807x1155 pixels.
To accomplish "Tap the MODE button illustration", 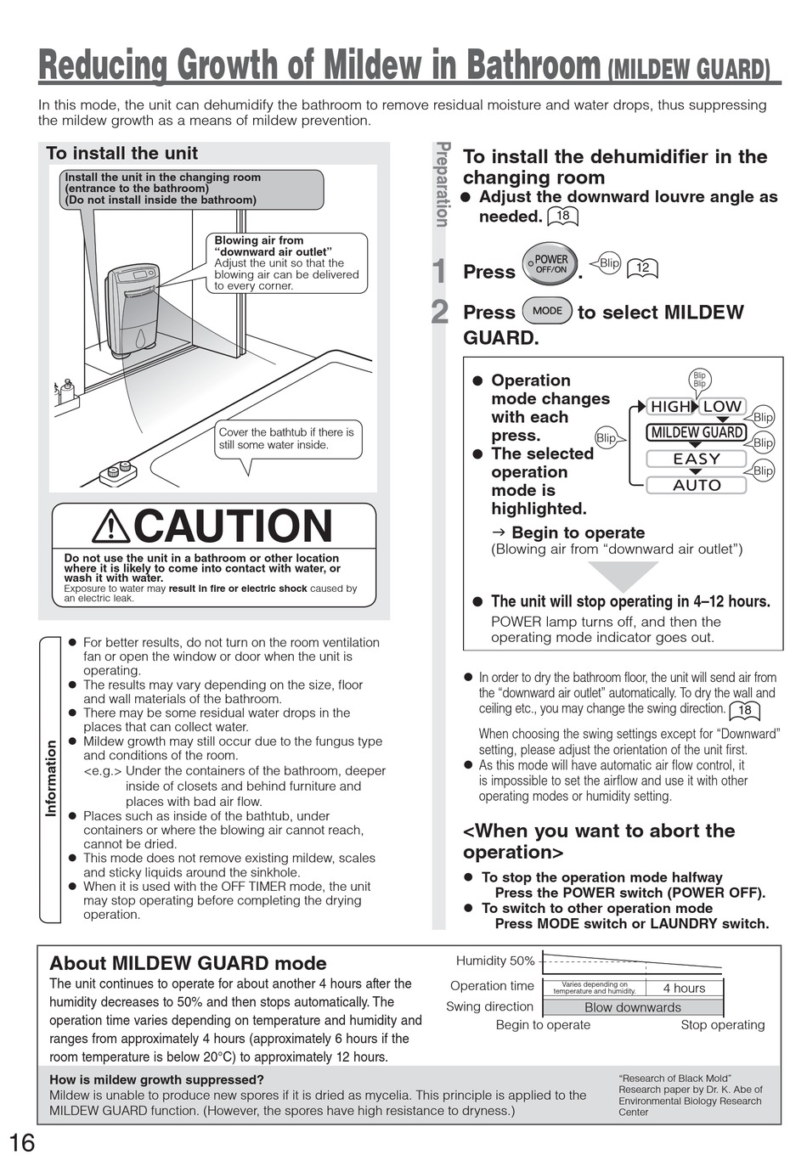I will point(547,311).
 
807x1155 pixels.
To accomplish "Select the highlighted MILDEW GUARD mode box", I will point(697,432).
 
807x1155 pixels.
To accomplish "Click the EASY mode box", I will point(697,459).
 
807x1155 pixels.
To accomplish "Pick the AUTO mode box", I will point(697,485).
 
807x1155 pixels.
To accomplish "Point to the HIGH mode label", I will point(670,407).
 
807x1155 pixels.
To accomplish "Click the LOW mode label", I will point(723,407).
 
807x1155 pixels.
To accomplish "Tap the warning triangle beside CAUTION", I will point(111,527).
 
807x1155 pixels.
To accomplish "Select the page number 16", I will point(23,1142).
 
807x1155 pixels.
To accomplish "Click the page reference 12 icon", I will point(642,268).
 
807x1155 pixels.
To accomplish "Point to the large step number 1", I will point(439,272).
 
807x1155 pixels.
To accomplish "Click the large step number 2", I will point(439,313).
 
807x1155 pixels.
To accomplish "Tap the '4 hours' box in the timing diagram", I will point(684,988).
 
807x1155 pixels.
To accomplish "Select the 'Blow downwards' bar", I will point(633,1007).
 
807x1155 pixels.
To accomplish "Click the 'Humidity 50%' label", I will point(495,961).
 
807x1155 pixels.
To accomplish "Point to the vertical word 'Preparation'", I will point(442,185).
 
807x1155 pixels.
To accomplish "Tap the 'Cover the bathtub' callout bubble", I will point(286,438).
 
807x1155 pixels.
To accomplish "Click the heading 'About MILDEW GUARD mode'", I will point(188,963).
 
